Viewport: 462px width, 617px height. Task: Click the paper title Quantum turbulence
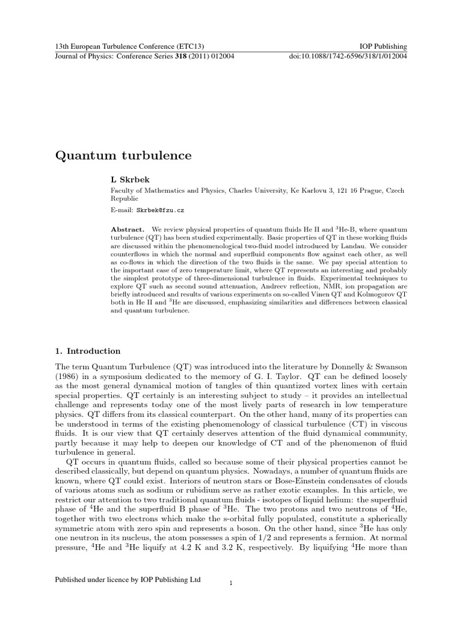(123, 156)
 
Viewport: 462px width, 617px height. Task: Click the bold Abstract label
(128, 230)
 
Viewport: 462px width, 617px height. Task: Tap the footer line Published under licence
(128, 580)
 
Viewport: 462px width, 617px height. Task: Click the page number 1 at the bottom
(231, 583)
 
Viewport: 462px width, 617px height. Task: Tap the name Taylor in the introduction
(272, 378)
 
